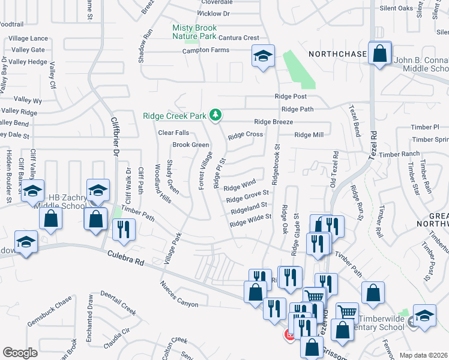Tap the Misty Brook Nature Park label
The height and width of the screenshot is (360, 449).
[x=194, y=32]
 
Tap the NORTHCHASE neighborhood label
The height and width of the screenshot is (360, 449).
[x=337, y=55]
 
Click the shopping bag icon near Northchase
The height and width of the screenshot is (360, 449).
[x=380, y=54]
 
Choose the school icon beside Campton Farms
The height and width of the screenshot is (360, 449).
[x=262, y=57]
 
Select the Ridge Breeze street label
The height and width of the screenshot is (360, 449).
[x=273, y=122]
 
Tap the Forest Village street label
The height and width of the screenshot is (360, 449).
[x=206, y=170]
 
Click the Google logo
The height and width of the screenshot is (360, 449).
[x=20, y=352]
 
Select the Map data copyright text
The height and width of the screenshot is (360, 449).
[x=424, y=355]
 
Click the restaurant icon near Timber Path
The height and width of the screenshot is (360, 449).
[x=124, y=230]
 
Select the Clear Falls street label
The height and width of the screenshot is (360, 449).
[x=173, y=133]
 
